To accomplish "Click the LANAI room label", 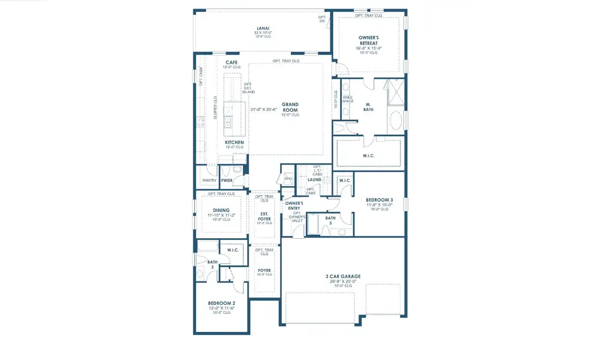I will tap(263, 28).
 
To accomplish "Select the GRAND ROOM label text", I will tap(291, 107).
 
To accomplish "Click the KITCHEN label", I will tap(234, 142).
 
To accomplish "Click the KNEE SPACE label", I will tap(348, 99).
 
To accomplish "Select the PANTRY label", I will tap(209, 180).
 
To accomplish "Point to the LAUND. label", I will tap(315, 179).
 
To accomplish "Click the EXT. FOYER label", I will tap(264, 215).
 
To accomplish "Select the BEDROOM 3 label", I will tap(379, 199).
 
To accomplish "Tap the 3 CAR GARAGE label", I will tap(344, 277).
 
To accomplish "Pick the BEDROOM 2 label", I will tap(221, 304).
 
